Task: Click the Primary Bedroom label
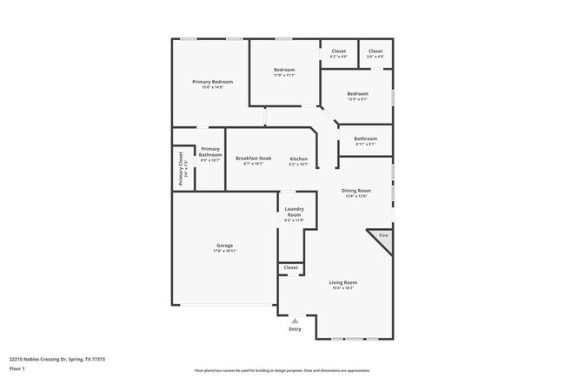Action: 212,82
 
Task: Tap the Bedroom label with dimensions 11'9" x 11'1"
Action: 284,70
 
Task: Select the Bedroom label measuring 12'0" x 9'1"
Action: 357,94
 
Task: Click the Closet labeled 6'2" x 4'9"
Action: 338,51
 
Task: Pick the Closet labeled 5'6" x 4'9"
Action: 375,51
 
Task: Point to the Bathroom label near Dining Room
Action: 365,138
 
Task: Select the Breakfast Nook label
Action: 253,159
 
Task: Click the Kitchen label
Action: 298,159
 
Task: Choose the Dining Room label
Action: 356,191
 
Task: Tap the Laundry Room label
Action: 294,212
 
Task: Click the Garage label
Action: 224,246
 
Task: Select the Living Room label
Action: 342,282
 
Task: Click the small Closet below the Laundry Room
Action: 290,267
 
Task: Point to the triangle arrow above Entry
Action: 295,321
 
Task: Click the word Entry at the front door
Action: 295,329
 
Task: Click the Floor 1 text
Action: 17,367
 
